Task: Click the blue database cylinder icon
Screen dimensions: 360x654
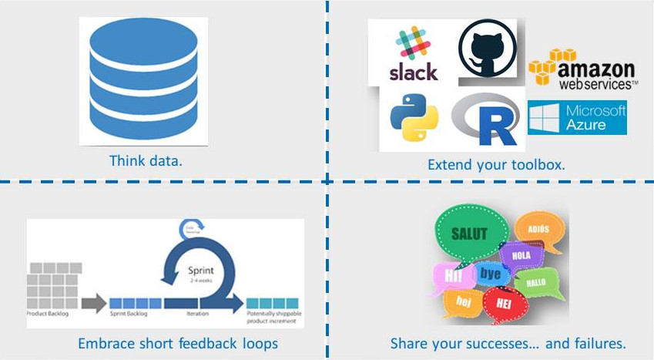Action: [143, 80]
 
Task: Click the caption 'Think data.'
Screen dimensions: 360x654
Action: [149, 161]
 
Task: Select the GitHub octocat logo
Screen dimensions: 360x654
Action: [487, 48]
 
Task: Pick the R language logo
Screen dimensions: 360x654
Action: [486, 120]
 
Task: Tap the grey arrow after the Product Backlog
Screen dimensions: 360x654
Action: [94, 303]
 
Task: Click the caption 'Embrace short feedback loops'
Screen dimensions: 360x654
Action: [178, 343]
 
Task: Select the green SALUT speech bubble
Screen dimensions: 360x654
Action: [469, 234]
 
